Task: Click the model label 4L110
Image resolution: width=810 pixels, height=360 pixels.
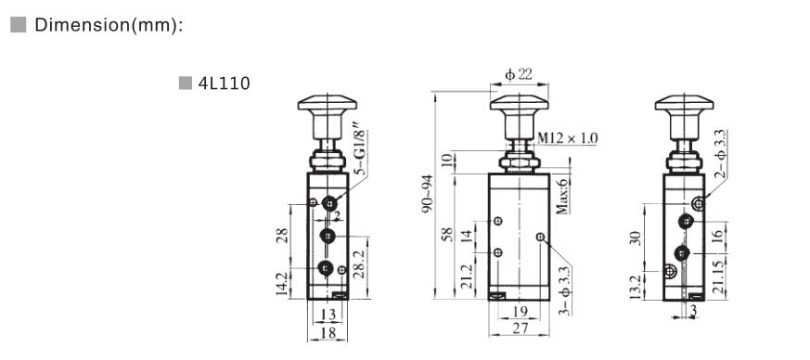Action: [x=225, y=84]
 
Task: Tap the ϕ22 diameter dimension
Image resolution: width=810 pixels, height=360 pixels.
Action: [x=519, y=75]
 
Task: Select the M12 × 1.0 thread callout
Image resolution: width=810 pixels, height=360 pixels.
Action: [x=567, y=138]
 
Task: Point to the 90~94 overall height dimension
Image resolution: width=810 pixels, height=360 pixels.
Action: [x=427, y=194]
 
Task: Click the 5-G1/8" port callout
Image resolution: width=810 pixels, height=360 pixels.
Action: [x=361, y=148]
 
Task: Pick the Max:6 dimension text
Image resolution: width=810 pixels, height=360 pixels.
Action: [x=562, y=194]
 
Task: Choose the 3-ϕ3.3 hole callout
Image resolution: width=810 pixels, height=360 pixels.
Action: [x=565, y=290]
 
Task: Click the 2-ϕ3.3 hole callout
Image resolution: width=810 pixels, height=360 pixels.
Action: [x=721, y=153]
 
